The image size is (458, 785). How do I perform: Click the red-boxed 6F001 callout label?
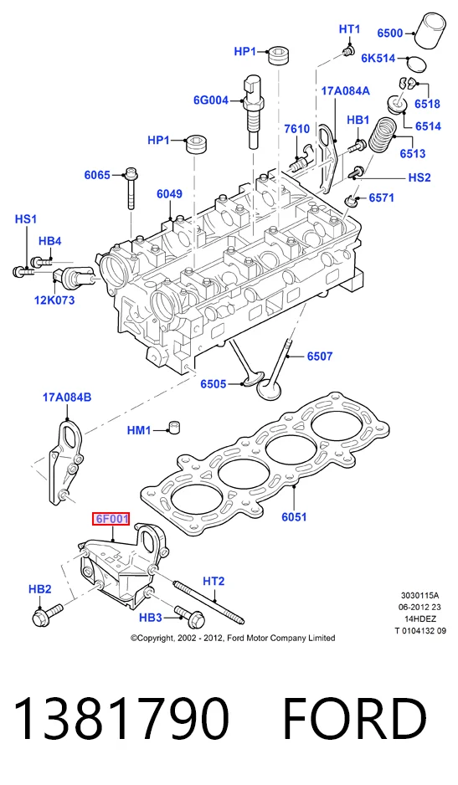tap(111, 519)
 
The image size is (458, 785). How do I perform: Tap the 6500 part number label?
tap(390, 33)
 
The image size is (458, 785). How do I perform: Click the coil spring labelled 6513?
tap(383, 134)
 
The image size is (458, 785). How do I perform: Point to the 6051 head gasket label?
tap(294, 516)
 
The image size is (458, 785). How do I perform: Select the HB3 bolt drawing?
tap(190, 616)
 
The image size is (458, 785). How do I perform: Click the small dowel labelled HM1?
tap(173, 428)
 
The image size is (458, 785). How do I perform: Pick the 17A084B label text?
tap(67, 398)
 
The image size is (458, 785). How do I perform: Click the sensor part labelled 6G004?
tap(253, 111)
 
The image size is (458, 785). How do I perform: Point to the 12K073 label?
tap(54, 300)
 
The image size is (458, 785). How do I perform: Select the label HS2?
tap(419, 177)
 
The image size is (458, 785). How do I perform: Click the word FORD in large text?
tap(355, 719)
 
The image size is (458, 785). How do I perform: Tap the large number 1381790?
tap(121, 719)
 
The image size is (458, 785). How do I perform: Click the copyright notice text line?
tap(233, 638)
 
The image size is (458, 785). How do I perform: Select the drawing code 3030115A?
tap(420, 595)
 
